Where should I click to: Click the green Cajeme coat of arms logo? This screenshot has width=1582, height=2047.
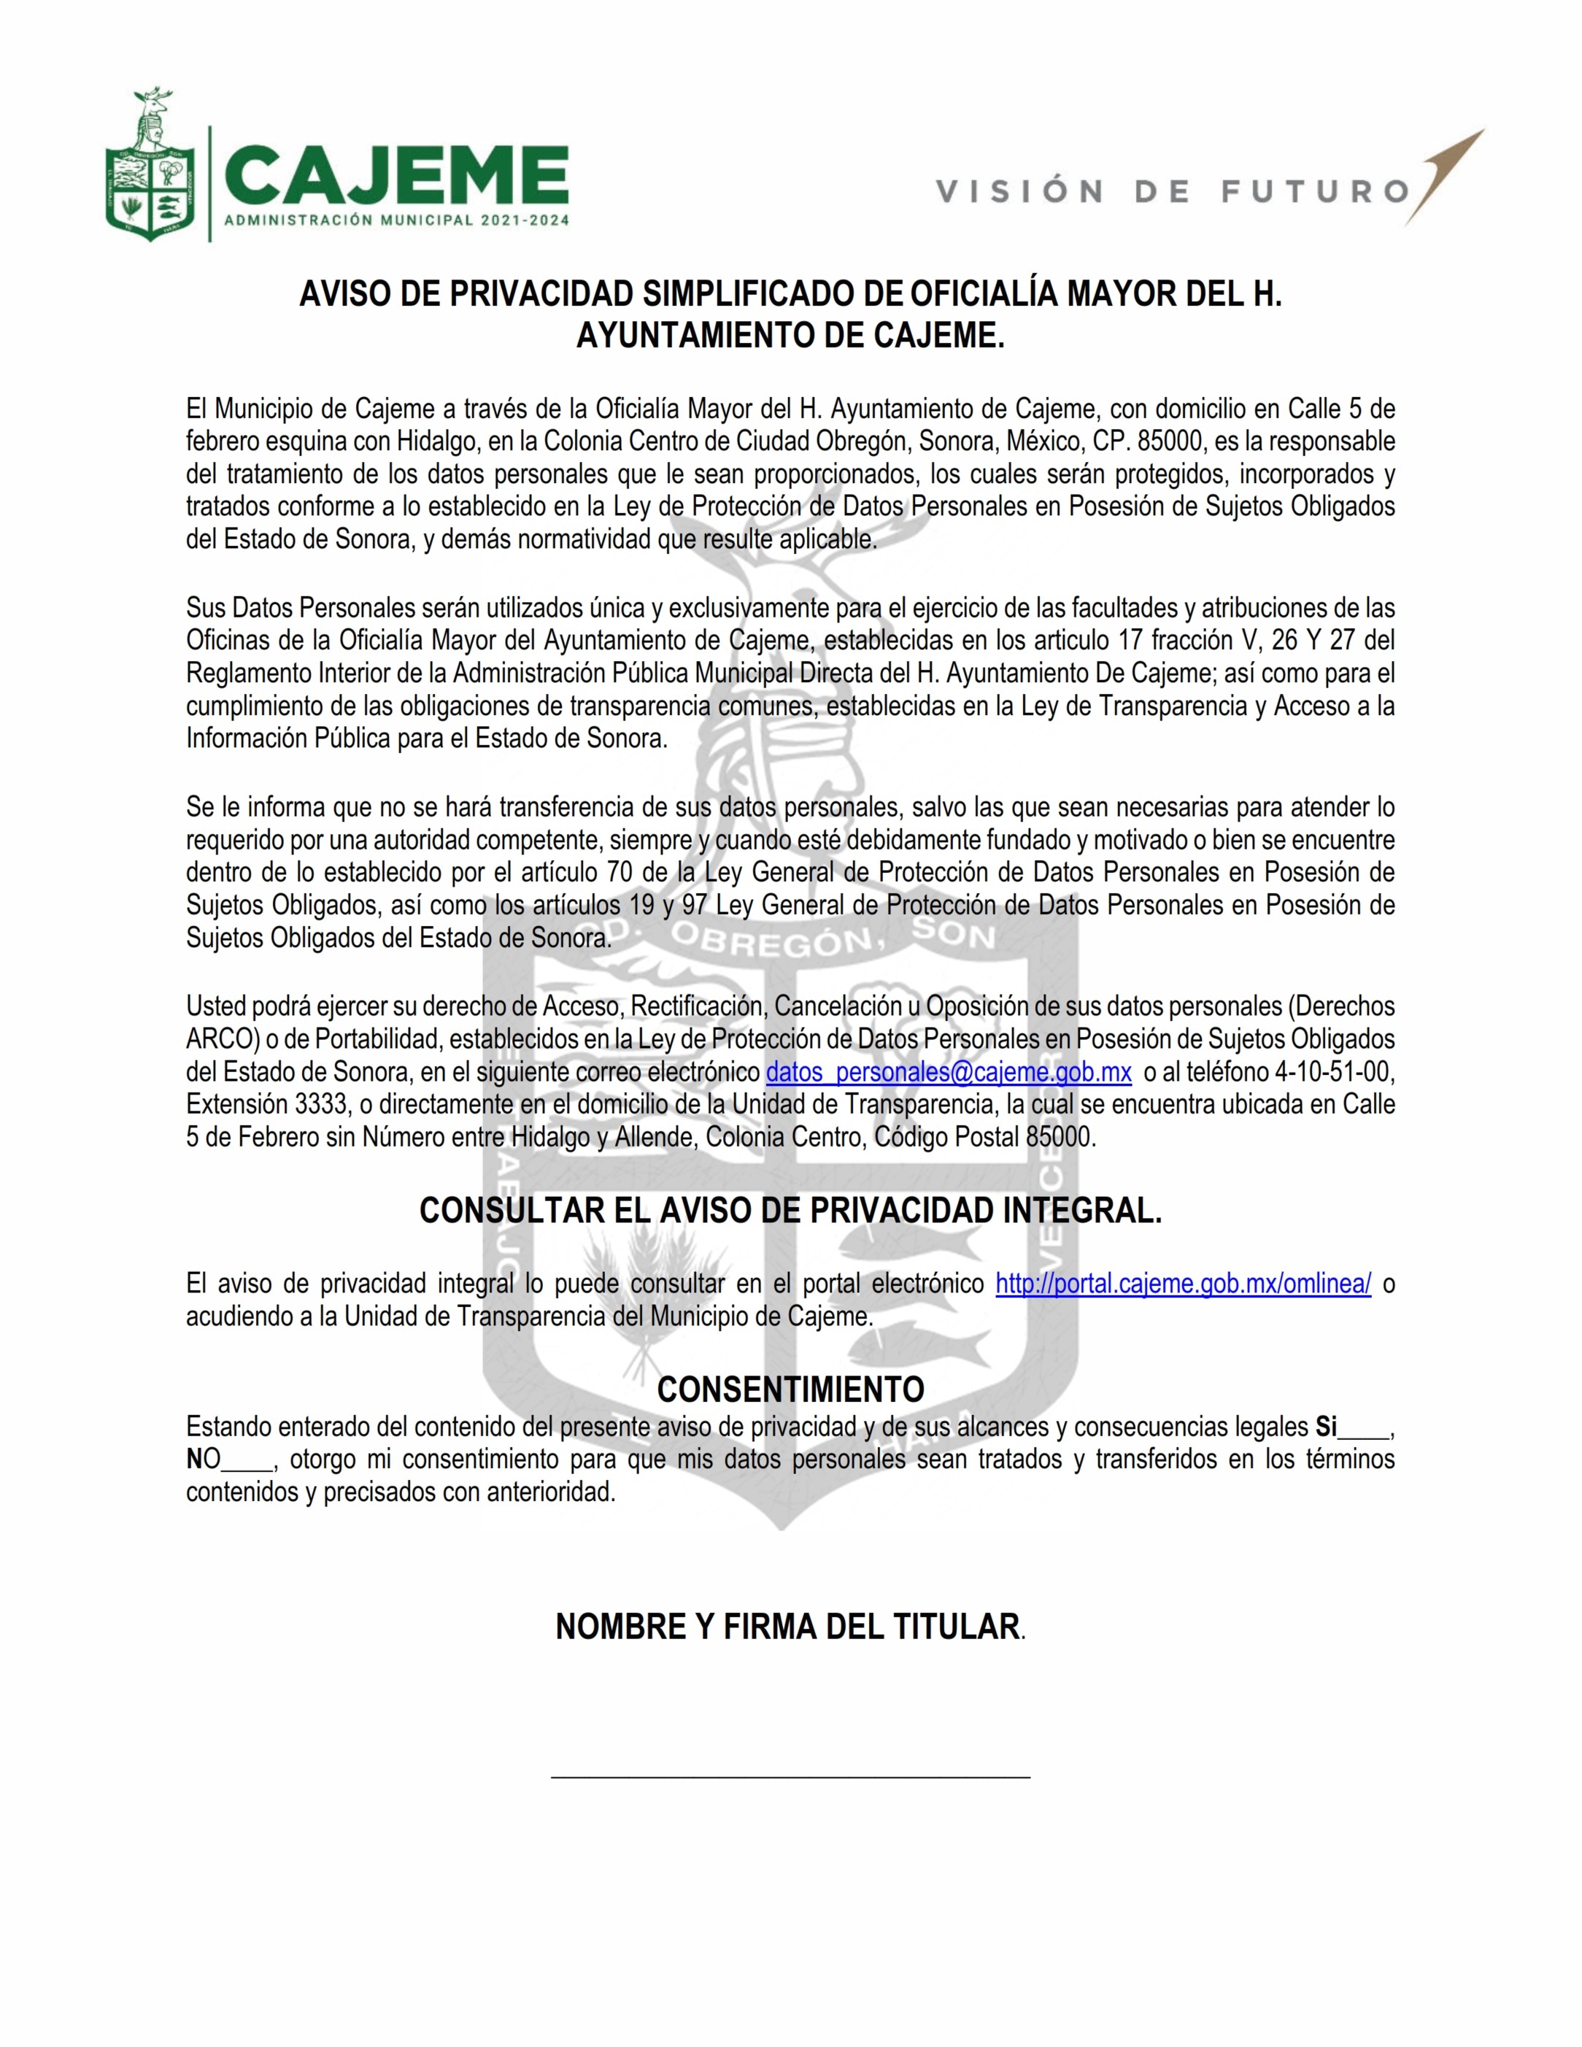click(150, 169)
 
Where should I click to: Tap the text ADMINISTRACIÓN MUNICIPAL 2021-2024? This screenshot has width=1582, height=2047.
click(396, 221)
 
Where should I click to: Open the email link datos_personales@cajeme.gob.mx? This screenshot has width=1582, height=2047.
click(949, 1071)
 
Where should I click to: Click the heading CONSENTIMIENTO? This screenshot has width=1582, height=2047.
click(790, 1389)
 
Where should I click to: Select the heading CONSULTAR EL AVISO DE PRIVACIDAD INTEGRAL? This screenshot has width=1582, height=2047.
click(790, 1211)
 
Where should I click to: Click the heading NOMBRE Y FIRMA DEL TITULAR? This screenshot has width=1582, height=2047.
click(787, 1626)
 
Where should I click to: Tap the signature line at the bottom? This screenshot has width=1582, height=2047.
click(790, 1776)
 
